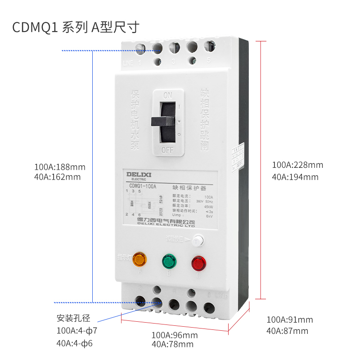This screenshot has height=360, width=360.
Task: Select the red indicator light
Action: pyautogui.click(x=198, y=263)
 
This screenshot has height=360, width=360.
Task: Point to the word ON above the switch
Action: pyautogui.click(x=167, y=95)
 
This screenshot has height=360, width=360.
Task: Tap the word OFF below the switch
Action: pyautogui.click(x=168, y=150)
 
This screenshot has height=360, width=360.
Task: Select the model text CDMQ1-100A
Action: pyautogui.click(x=143, y=186)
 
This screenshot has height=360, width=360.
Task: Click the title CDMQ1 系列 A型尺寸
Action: pyautogui.click(x=76, y=27)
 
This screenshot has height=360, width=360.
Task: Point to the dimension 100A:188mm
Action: pyautogui.click(x=60, y=167)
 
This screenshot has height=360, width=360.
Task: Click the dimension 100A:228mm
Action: pyautogui.click(x=297, y=165)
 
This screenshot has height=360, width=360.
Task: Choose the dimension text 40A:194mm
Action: pyautogui.click(x=295, y=177)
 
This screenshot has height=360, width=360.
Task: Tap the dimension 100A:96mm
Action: pyautogui.click(x=174, y=335)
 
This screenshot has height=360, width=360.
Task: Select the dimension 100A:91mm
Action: pyautogui.click(x=289, y=320)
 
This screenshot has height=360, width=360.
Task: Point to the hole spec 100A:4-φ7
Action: pyautogui.click(x=76, y=331)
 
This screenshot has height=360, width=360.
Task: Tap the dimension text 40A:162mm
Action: pyautogui.click(x=57, y=177)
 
